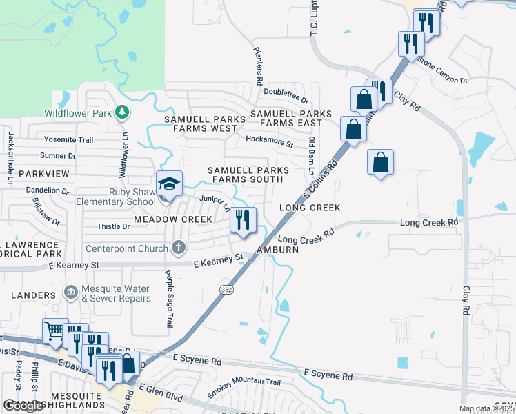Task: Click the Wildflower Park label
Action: tap(78, 113)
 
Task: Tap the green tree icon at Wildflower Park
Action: tap(122, 112)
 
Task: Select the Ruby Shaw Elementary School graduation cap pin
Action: tap(169, 185)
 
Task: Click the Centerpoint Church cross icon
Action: tap(178, 248)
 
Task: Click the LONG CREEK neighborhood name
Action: tap(310, 208)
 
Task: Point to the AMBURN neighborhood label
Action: tap(277, 250)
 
